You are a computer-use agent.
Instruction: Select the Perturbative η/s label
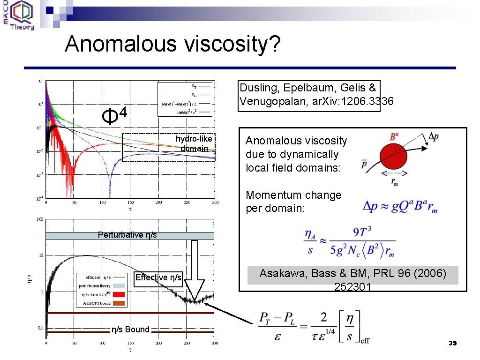127,235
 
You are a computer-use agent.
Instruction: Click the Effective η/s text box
158,277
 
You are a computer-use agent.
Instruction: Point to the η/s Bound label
130,330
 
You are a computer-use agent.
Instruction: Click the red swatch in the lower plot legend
119,294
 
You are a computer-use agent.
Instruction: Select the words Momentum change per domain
294,202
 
